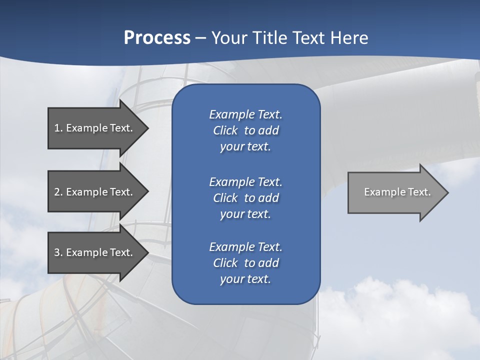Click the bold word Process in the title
157,38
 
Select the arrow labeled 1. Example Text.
95,128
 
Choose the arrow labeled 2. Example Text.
95,192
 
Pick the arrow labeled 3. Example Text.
95,252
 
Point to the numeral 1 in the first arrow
57,128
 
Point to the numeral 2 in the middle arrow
57,192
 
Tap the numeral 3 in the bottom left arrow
57,252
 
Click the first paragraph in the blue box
245,130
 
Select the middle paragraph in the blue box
245,198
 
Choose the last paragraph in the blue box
245,263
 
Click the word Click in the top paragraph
225,130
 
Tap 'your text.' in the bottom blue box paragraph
245,279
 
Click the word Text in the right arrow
418,192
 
